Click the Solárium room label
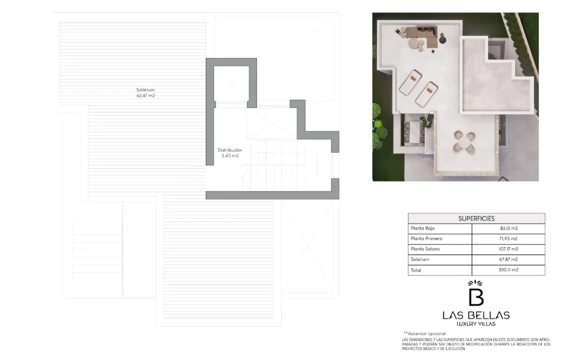(x=145, y=89)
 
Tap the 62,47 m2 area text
(x=145, y=96)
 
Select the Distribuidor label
(x=230, y=150)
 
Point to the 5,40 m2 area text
(x=230, y=156)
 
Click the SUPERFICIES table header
(x=476, y=219)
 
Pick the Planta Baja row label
(x=423, y=228)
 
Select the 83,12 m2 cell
(x=509, y=228)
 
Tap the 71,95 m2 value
(x=508, y=239)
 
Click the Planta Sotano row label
(x=425, y=249)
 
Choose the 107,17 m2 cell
(x=508, y=249)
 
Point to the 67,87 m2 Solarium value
(x=508, y=259)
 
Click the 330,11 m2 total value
(x=508, y=270)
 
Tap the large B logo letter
(x=476, y=297)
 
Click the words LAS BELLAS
(x=476, y=315)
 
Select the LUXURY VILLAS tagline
(x=476, y=324)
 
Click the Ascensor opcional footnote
(x=424, y=334)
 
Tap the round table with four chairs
(x=464, y=142)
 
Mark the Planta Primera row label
(x=426, y=239)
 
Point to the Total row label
(x=416, y=271)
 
